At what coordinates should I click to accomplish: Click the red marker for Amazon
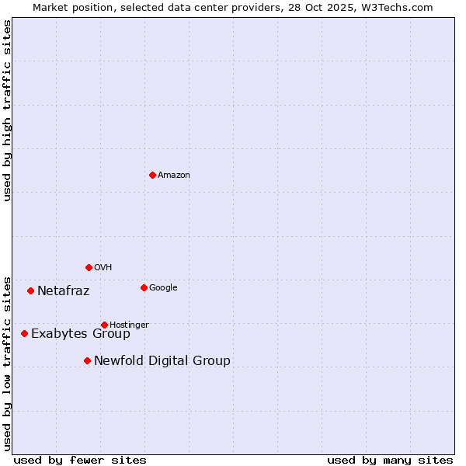click(x=152, y=175)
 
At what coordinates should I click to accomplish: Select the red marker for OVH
click(x=89, y=267)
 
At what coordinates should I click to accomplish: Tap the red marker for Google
click(x=144, y=287)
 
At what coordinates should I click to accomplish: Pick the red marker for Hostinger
click(x=104, y=325)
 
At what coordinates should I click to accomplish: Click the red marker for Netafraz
click(x=30, y=290)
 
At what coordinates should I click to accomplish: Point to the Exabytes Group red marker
click(x=24, y=333)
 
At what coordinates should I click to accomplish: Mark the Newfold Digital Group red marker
click(x=87, y=360)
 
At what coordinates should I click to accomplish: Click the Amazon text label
click(x=174, y=176)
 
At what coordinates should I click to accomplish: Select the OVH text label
click(x=103, y=268)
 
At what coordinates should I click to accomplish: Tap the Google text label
click(x=163, y=288)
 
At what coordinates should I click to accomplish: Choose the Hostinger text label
click(x=129, y=325)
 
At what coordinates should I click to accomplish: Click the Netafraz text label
click(x=63, y=291)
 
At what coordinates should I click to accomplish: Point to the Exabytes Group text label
click(x=81, y=334)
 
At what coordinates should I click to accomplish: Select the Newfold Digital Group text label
click(x=162, y=361)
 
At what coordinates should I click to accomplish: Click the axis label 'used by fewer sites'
click(x=80, y=460)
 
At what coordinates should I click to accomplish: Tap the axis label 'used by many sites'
click(x=390, y=460)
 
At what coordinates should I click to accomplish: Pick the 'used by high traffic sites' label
click(x=7, y=110)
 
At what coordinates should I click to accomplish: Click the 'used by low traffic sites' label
click(x=7, y=363)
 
